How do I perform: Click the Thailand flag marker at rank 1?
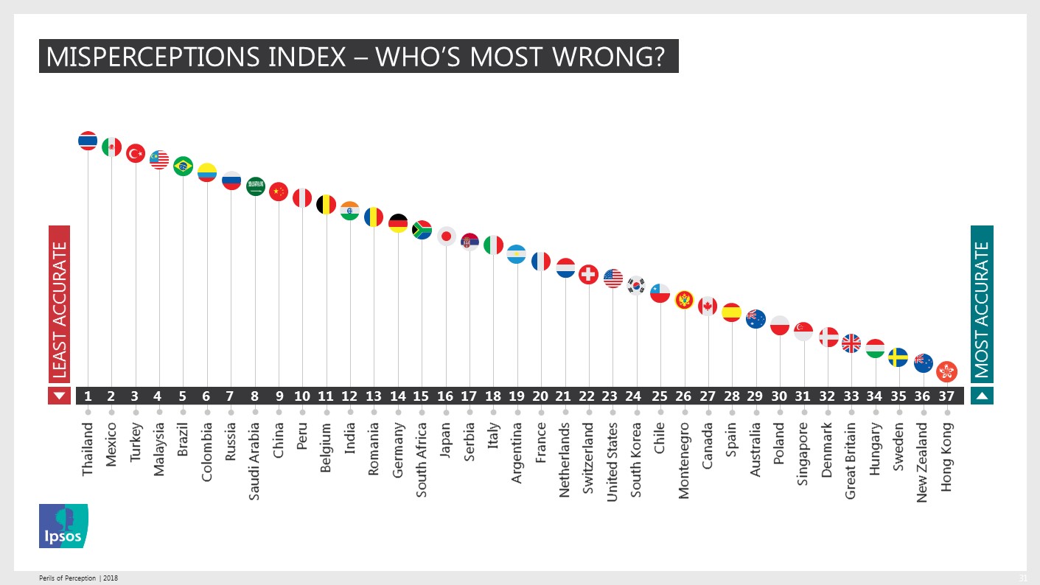(88, 141)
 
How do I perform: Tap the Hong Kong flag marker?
(946, 371)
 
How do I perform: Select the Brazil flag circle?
(183, 166)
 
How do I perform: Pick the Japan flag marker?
(446, 236)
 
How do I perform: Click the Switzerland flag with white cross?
(588, 275)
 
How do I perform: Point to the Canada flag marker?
(708, 306)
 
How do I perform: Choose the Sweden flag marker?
(898, 357)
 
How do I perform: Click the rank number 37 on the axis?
(946, 396)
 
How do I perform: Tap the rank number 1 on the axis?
(88, 396)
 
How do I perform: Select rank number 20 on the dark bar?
(540, 396)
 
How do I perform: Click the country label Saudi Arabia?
(254, 460)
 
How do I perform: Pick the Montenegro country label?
(684, 460)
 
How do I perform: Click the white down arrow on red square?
(60, 396)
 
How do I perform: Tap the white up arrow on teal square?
(982, 396)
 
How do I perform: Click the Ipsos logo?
(63, 526)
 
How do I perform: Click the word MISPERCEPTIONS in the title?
(138, 57)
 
